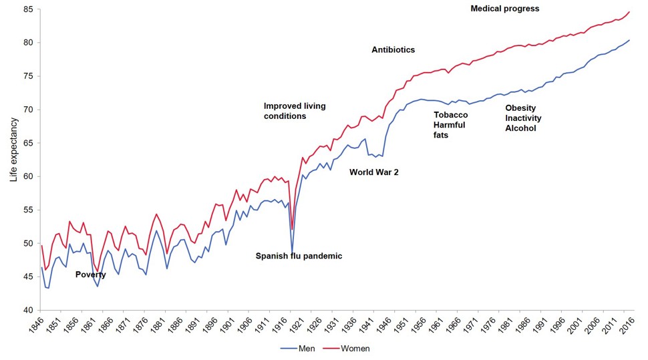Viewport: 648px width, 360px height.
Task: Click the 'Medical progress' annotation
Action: click(504, 9)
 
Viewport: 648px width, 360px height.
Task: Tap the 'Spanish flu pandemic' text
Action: click(299, 256)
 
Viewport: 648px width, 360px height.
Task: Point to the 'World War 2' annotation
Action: click(373, 172)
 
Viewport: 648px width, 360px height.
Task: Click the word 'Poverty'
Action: click(90, 275)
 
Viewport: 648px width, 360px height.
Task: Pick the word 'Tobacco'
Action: click(451, 115)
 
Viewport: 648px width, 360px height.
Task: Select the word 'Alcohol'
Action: click(520, 128)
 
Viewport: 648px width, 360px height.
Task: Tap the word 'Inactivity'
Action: click(523, 118)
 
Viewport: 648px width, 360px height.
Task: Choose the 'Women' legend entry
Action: click(355, 348)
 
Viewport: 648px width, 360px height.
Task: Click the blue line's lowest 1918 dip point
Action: click(292, 254)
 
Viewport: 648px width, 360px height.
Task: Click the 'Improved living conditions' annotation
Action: click(294, 111)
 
